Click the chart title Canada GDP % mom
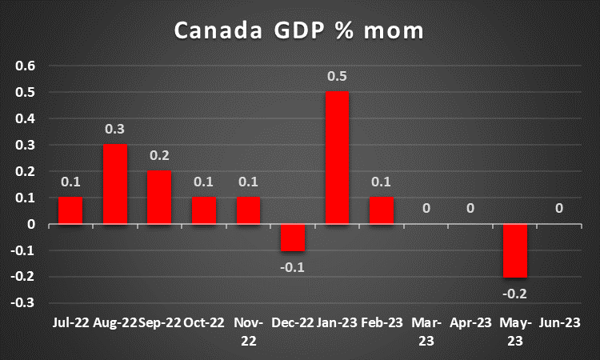point(299,32)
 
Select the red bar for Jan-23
point(338,158)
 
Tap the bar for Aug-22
point(115,184)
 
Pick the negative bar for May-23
point(515,250)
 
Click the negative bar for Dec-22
point(293,238)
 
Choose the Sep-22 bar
point(159,198)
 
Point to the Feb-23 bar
point(382,210)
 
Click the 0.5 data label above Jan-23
point(338,76)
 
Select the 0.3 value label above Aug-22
point(115,129)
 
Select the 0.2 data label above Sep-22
point(159,155)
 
